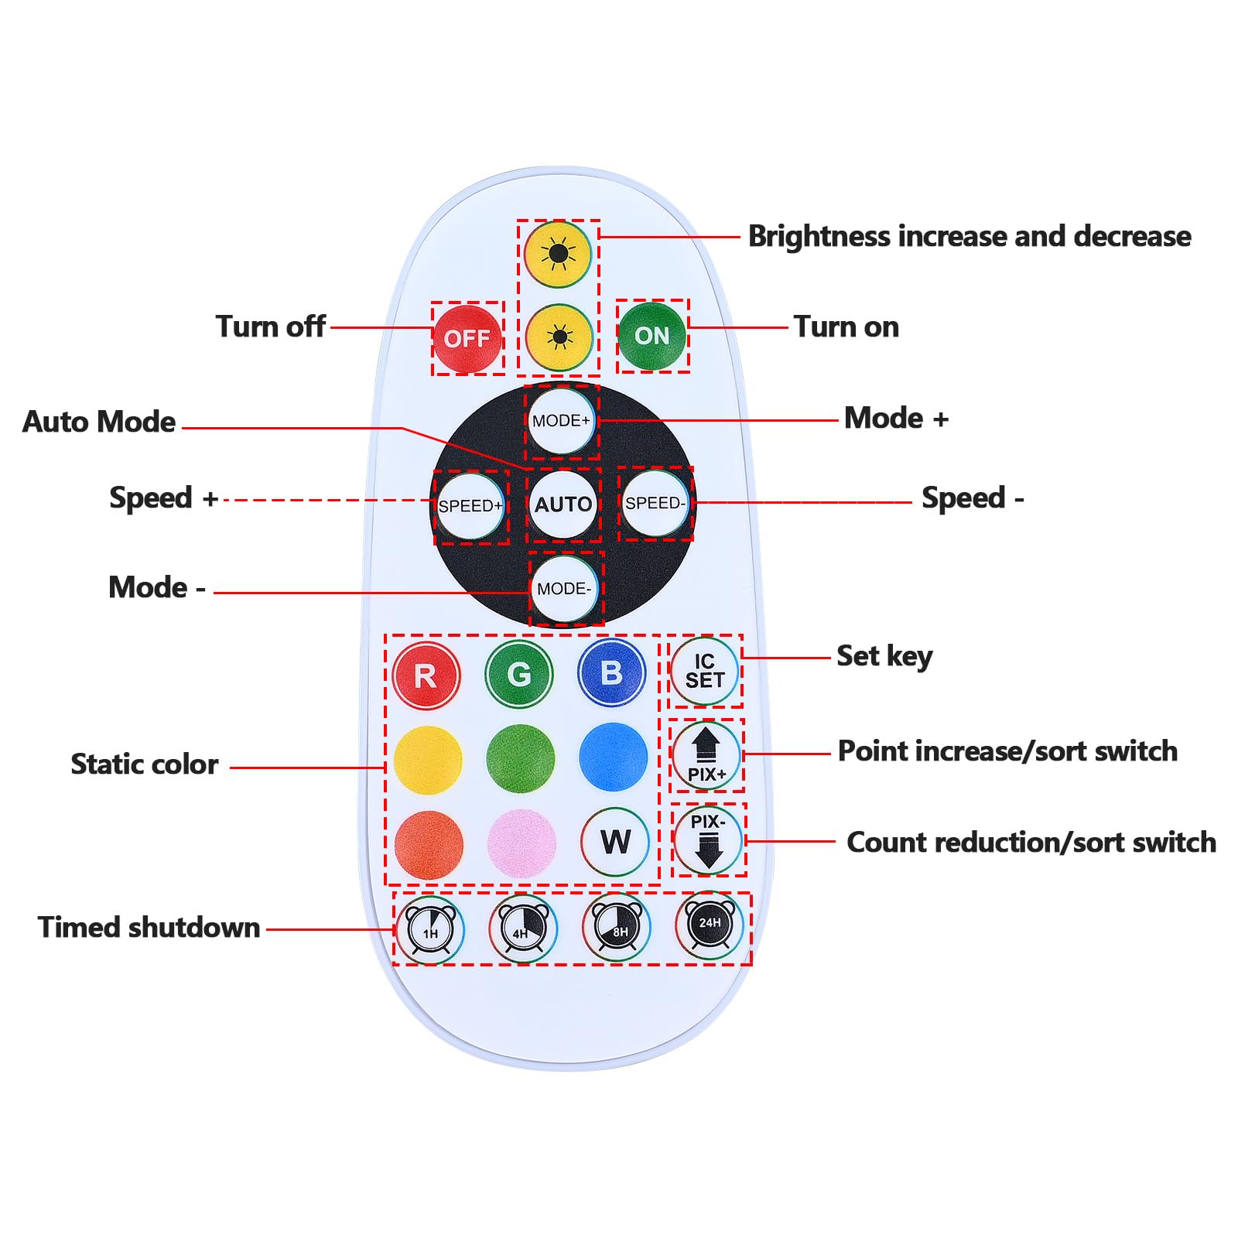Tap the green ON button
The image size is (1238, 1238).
652,336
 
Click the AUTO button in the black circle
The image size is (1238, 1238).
563,504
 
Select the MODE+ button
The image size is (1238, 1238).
562,421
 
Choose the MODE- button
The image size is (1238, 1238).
565,589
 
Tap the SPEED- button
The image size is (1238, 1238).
655,504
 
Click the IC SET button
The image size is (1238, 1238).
704,671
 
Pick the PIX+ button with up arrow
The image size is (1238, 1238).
706,755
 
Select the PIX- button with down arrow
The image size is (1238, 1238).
708,840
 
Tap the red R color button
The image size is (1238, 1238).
426,675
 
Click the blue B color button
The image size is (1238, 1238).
612,672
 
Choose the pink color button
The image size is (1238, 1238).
522,843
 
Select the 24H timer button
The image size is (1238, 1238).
710,924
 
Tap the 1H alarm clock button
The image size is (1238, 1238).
430,929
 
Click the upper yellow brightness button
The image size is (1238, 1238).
558,254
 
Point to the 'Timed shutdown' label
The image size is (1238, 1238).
149,927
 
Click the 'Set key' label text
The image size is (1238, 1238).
884,657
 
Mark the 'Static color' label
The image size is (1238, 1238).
145,764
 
